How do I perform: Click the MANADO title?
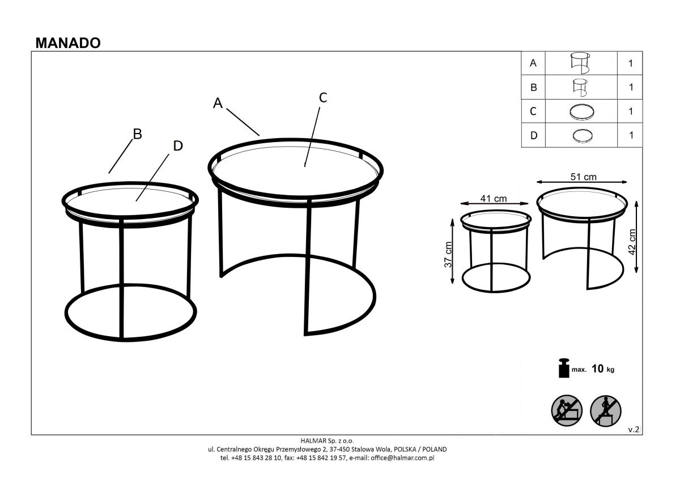pyautogui.click(x=68, y=43)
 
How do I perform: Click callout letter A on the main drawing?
pyautogui.click(x=218, y=103)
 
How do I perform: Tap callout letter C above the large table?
pyautogui.click(x=323, y=97)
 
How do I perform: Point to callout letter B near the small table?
pyautogui.click(x=138, y=134)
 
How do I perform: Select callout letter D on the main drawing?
pyautogui.click(x=178, y=146)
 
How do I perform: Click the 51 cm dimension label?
pyautogui.click(x=584, y=177)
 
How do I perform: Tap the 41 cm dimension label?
pyautogui.click(x=494, y=199)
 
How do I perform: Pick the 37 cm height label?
pyautogui.click(x=448, y=254)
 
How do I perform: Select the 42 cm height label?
pyautogui.click(x=631, y=242)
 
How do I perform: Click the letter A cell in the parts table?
pyautogui.click(x=533, y=63)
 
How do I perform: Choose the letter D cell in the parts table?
pyautogui.click(x=533, y=135)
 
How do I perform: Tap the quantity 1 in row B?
pyautogui.click(x=631, y=87)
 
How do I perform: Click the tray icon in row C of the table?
pyautogui.click(x=581, y=112)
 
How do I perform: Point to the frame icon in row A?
pyautogui.click(x=580, y=63)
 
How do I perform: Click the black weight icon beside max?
pyautogui.click(x=564, y=368)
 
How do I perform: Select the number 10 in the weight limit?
pyautogui.click(x=597, y=368)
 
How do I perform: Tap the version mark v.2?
pyautogui.click(x=634, y=430)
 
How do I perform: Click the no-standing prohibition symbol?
pyautogui.click(x=606, y=411)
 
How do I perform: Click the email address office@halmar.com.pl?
pyautogui.click(x=402, y=458)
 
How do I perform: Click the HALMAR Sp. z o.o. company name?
pyautogui.click(x=327, y=440)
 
